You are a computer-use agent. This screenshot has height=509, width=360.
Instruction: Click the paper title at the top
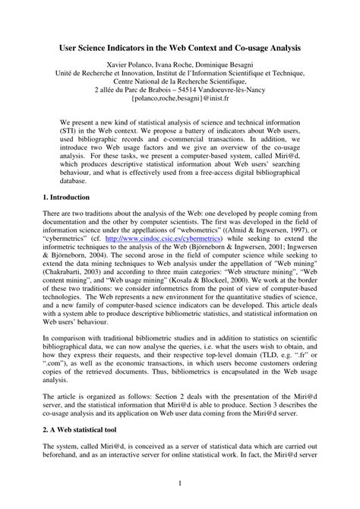tap(180, 47)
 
